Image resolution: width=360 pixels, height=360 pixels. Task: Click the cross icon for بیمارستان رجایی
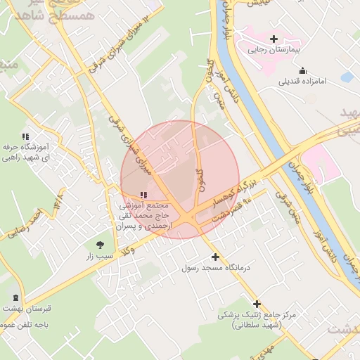274,39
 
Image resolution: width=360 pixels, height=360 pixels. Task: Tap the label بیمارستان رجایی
276,51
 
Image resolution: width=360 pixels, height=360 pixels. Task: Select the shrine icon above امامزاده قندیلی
302,70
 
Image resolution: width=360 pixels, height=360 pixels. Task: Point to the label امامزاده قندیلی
303,82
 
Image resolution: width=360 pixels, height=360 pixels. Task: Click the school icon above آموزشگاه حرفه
25,136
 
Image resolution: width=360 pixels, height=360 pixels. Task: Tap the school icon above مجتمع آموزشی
143,195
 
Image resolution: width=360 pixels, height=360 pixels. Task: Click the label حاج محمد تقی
144,217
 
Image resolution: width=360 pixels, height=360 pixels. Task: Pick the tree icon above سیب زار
99,245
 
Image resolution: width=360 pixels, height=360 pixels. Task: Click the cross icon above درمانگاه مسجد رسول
215,257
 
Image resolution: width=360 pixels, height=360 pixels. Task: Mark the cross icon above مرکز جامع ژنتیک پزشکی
257,304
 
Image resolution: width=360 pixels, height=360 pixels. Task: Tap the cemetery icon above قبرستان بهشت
16,297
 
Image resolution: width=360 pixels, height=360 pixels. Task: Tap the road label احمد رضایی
32,226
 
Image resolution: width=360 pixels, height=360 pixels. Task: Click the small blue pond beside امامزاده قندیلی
347,77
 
